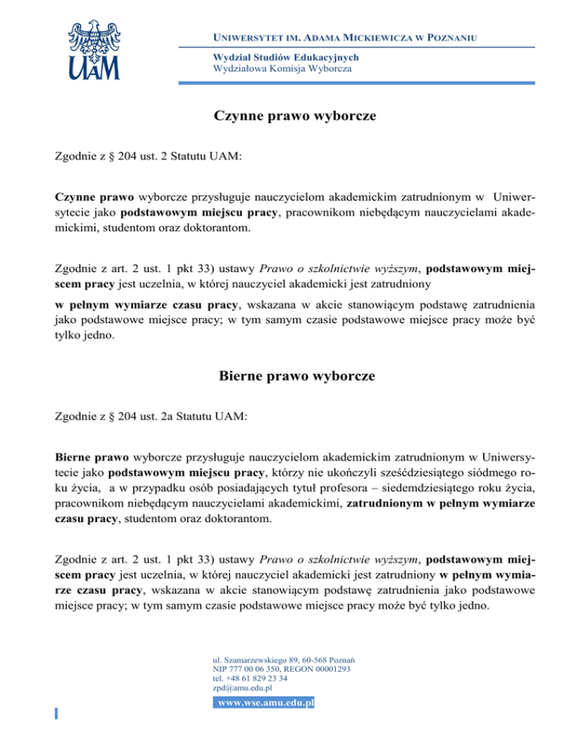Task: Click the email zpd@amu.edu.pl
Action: point(243,687)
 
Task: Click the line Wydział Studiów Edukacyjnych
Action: point(276,57)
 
